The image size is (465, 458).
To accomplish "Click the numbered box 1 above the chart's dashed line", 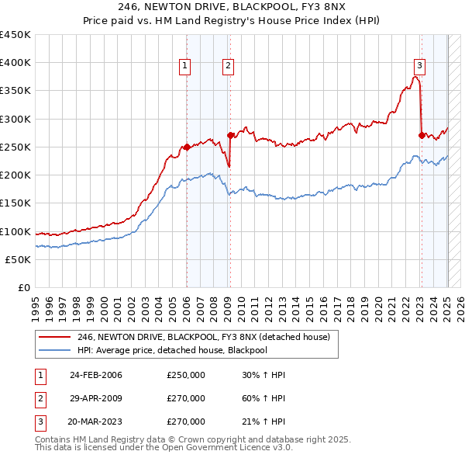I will pos(186,67).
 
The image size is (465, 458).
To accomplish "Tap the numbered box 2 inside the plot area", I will pos(229,67).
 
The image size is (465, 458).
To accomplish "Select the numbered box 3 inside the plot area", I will pos(419,67).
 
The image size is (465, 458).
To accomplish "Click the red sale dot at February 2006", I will pos(187,147).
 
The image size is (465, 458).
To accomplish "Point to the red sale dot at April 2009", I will pos(230,135).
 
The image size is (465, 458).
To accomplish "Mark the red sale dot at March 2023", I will pos(422,135).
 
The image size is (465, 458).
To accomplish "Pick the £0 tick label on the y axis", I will pos(22,287).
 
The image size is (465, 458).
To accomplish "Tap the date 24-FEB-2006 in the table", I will pos(95,376).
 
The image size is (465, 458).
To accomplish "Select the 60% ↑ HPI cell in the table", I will pos(263,398).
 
